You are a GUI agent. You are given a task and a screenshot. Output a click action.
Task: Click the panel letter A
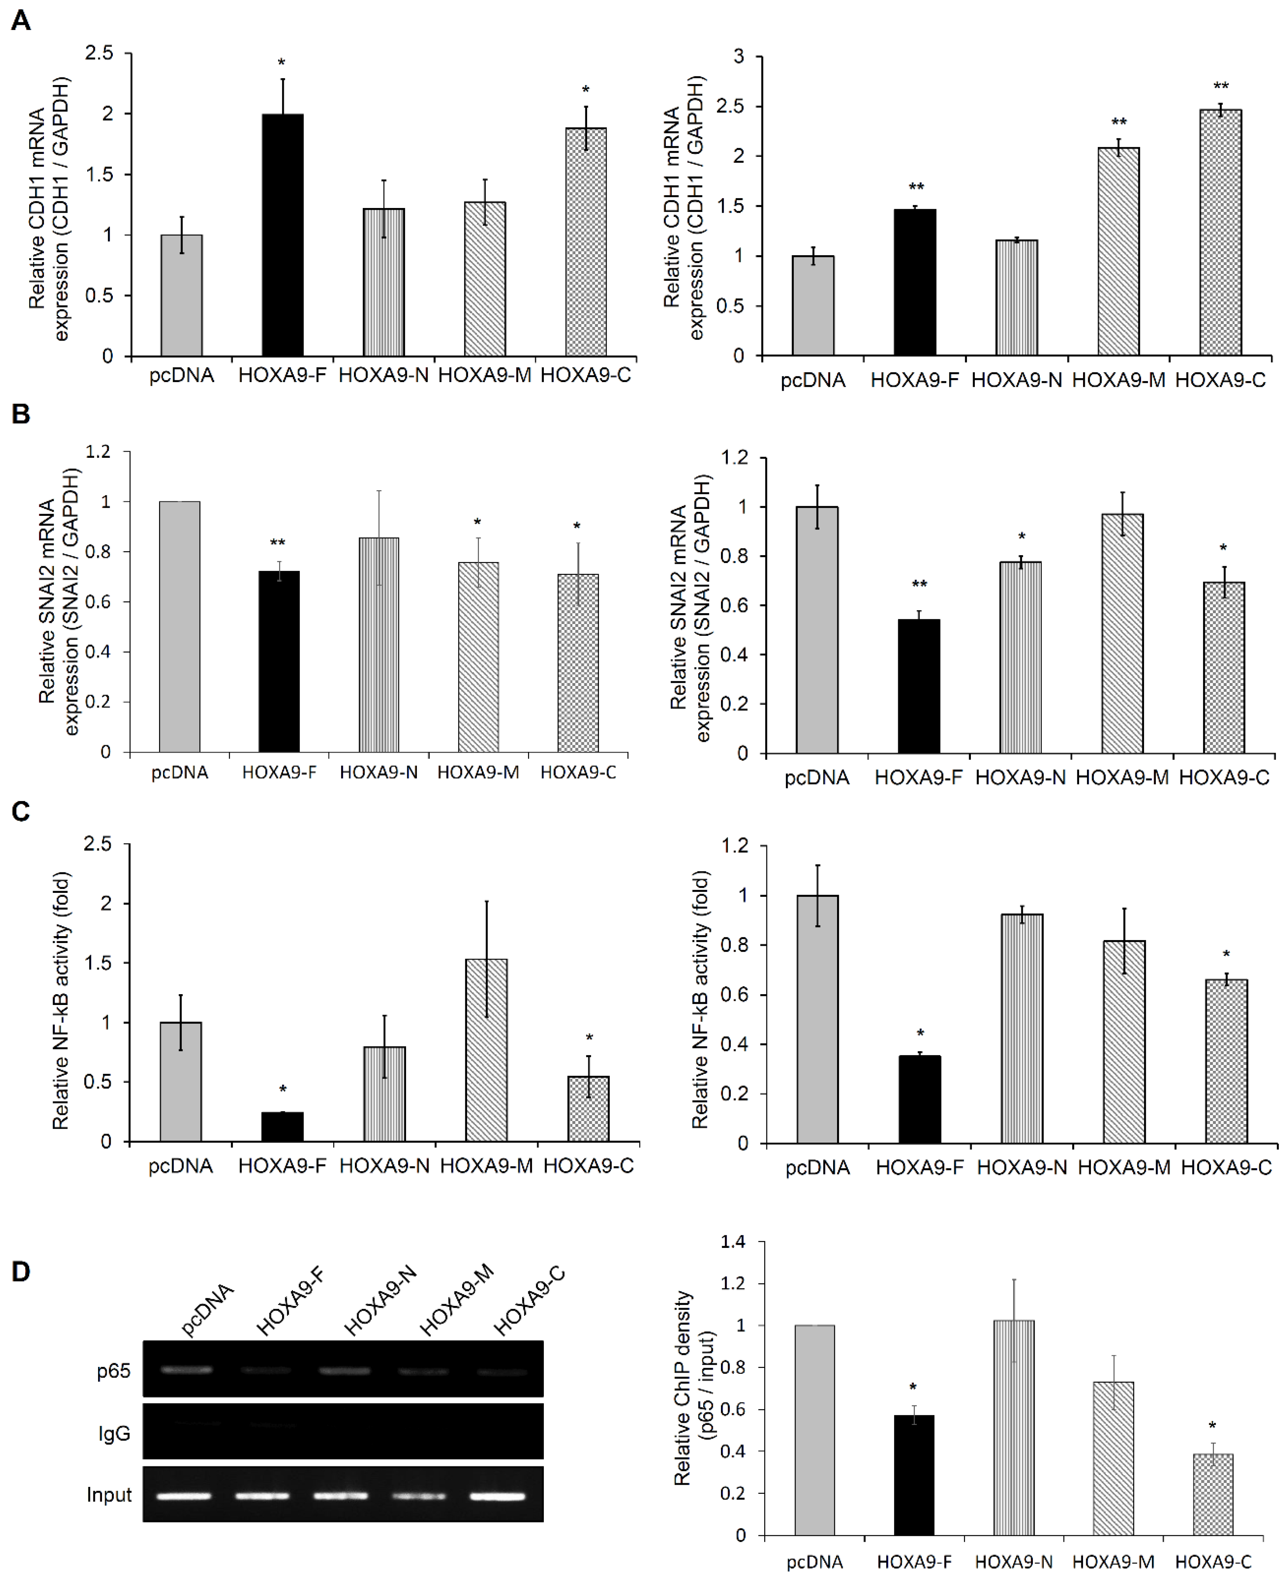(21, 20)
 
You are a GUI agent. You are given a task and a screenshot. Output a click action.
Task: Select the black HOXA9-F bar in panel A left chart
(282, 235)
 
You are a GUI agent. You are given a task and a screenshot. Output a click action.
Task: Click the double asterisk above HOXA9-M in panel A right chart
(1118, 122)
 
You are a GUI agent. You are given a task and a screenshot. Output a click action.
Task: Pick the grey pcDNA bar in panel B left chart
(180, 626)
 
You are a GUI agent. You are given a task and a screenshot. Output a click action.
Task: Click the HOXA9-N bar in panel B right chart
(1021, 657)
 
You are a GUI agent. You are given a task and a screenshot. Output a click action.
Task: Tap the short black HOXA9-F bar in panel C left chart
(282, 1127)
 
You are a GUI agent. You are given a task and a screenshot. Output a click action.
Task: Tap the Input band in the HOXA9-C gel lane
(497, 1495)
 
